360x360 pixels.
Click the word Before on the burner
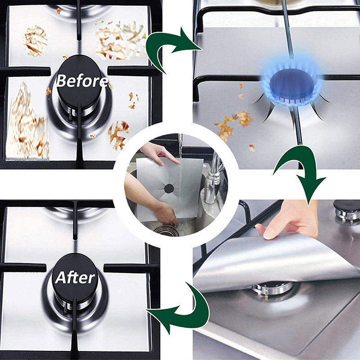pyautogui.click(x=82, y=81)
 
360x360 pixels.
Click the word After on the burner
pyautogui.click(x=75, y=277)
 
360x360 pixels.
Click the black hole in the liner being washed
pyautogui.click(x=169, y=189)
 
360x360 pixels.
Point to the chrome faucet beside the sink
pyautogui.click(x=213, y=177)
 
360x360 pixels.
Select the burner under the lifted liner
pyautogui.click(x=271, y=290)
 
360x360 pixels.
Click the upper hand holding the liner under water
pyautogui.click(x=158, y=153)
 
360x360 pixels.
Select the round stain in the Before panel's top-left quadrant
pyautogui.click(x=36, y=41)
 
